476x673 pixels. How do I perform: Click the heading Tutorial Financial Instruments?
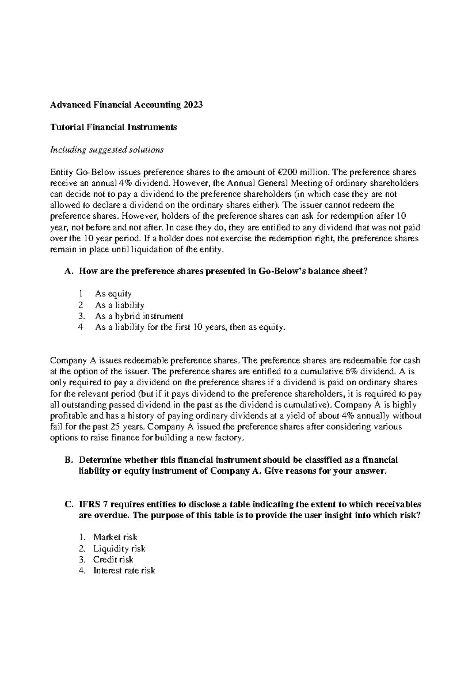tap(113, 127)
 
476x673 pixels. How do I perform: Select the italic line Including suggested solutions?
tap(106, 150)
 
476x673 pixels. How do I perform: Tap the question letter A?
tap(68, 271)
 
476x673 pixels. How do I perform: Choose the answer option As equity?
tap(113, 294)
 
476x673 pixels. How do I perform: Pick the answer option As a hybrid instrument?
tap(139, 316)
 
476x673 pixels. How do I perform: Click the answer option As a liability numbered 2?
tap(119, 305)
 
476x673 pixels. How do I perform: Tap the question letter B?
tap(68, 460)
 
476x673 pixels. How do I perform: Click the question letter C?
tap(68, 504)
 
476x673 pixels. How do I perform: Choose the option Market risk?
tap(115, 537)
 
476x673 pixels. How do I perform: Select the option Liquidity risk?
tap(119, 549)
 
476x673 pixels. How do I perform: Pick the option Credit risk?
tap(113, 560)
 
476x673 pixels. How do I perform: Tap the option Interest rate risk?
tap(124, 571)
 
